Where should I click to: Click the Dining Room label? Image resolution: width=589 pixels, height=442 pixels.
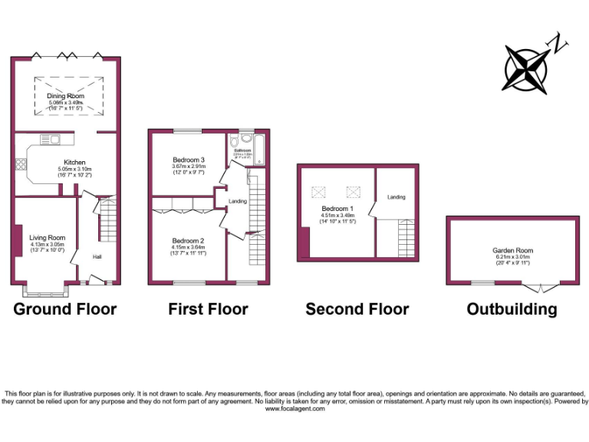pyautogui.click(x=66, y=96)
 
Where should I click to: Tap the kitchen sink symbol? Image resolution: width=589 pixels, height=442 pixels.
pyautogui.click(x=54, y=140)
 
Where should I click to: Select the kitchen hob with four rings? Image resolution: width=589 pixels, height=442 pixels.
pyautogui.click(x=21, y=164)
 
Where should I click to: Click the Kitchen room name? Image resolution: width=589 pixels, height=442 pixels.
pyautogui.click(x=74, y=163)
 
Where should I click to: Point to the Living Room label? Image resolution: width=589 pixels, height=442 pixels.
pyautogui.click(x=48, y=238)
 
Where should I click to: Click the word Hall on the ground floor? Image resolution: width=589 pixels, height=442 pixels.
pyautogui.click(x=98, y=256)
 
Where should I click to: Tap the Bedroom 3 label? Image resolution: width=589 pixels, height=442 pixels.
pyautogui.click(x=188, y=160)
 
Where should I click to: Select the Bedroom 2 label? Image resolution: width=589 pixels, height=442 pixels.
pyautogui.click(x=188, y=239)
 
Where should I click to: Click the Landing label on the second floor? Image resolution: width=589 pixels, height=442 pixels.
pyautogui.click(x=397, y=197)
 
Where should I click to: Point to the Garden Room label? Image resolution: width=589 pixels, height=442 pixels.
pyautogui.click(x=513, y=250)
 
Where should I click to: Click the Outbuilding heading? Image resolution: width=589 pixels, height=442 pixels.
pyautogui.click(x=512, y=309)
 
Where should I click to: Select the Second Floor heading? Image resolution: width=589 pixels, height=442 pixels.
pyautogui.click(x=357, y=309)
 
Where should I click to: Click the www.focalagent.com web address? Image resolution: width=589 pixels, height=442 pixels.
pyautogui.click(x=294, y=410)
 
